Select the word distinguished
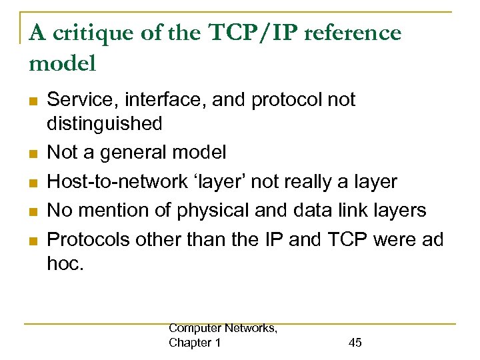(105, 123)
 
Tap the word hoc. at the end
(65, 263)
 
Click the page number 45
(355, 343)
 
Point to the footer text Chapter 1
(195, 343)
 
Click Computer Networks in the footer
(223, 329)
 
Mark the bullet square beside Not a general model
(31, 154)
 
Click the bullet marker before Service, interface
(31, 101)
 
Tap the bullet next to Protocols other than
(31, 240)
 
